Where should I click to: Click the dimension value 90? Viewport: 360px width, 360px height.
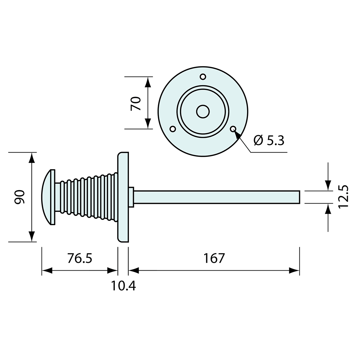pos(20,197)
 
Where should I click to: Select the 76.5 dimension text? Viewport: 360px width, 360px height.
pos(80,258)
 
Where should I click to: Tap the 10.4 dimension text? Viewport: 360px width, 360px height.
pos(123,286)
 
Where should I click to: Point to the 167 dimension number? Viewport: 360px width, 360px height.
pos(214,258)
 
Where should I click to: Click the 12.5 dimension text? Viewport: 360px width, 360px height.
pos(343,196)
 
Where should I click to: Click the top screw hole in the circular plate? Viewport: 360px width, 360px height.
pos(203,77)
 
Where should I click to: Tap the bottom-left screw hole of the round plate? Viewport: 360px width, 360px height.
pos(173,129)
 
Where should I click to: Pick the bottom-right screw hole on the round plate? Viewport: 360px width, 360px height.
pos(233,129)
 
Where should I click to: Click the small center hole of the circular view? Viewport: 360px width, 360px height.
pos(203,112)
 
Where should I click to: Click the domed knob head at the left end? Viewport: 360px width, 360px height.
pos(48,197)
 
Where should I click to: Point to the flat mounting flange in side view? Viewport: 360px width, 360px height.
pos(123,197)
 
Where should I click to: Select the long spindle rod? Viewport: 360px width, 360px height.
pos(216,197)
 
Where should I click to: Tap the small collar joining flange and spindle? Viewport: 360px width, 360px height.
pos(131,197)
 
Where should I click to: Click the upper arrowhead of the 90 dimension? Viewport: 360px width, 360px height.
pos(32,158)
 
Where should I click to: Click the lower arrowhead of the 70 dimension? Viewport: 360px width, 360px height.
pos(148,123)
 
